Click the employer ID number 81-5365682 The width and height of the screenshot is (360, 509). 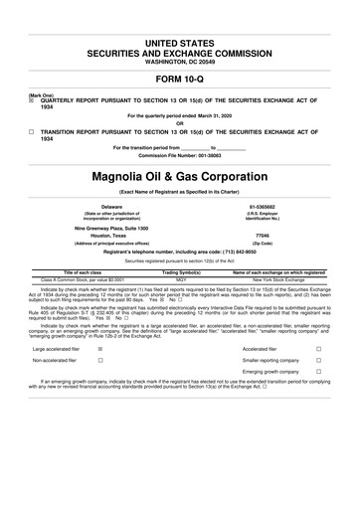(263, 206)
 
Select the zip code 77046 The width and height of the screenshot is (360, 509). (263, 235)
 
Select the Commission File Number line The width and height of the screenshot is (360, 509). (180, 155)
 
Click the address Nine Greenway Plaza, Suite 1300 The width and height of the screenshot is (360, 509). (104, 227)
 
